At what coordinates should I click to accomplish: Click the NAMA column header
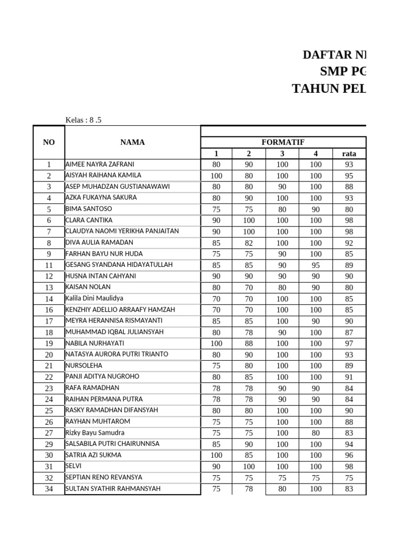click(x=132, y=142)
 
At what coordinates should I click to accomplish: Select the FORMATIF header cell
click(x=283, y=142)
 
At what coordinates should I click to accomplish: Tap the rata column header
click(x=349, y=154)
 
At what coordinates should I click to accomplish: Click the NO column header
click(x=49, y=142)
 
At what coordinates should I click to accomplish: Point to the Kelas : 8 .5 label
click(x=83, y=120)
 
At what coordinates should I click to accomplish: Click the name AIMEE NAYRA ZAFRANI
click(x=100, y=164)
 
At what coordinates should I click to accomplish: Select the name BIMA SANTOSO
click(x=89, y=209)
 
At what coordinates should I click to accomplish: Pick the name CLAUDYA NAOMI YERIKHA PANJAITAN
click(x=122, y=231)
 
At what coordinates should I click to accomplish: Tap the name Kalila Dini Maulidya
click(x=94, y=298)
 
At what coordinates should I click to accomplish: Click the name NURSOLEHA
click(x=84, y=366)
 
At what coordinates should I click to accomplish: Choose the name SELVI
click(x=73, y=466)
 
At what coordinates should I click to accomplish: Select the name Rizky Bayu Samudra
click(x=95, y=433)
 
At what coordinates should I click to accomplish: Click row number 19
click(x=49, y=343)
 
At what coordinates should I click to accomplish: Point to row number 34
click(x=49, y=489)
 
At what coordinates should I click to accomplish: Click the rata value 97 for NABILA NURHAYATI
click(x=349, y=343)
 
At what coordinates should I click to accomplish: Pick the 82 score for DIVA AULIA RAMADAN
click(x=249, y=243)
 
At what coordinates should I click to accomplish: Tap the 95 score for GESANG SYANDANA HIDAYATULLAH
click(x=315, y=265)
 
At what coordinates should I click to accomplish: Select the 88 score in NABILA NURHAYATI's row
click(x=249, y=343)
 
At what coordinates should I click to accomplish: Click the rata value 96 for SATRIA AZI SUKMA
click(x=349, y=455)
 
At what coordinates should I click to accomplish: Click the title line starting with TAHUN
click(x=329, y=89)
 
